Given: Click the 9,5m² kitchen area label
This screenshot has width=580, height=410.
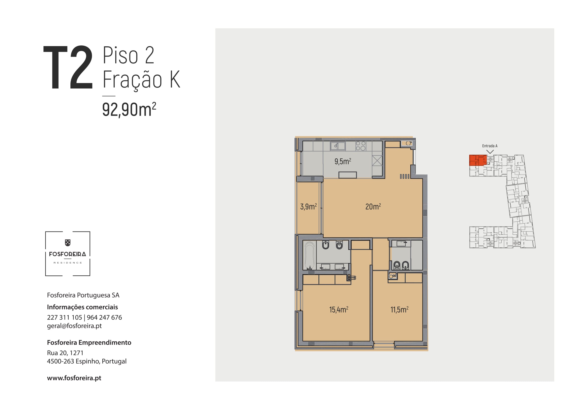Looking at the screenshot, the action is click(343, 161).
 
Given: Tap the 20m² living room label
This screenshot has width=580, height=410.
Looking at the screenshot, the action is click(373, 206).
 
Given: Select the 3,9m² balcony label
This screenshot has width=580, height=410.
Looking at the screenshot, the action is click(308, 206).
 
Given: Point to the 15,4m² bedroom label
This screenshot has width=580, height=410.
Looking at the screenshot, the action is click(339, 310).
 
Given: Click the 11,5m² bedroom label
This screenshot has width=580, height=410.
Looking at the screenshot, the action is click(399, 310).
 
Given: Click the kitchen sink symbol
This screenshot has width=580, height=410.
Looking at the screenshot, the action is click(338, 146).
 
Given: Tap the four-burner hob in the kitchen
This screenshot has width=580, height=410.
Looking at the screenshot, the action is click(361, 146).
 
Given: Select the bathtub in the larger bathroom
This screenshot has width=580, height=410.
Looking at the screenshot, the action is click(309, 255).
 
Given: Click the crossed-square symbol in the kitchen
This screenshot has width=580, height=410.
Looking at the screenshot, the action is click(377, 161).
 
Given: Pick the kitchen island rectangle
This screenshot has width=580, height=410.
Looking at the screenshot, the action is click(348, 175).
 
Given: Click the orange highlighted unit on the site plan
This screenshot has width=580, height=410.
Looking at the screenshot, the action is click(478, 160).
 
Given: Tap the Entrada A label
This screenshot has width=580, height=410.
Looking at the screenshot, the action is click(489, 146).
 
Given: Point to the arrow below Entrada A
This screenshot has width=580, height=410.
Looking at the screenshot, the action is click(490, 152).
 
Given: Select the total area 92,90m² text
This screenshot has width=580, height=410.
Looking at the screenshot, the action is click(129, 109).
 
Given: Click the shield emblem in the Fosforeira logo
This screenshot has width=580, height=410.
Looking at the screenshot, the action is click(68, 243).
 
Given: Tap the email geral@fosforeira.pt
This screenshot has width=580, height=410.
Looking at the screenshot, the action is click(74, 326).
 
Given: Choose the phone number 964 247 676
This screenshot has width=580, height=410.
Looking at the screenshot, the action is click(104, 317).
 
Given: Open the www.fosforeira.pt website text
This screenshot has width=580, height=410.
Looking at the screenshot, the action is click(74, 378).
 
